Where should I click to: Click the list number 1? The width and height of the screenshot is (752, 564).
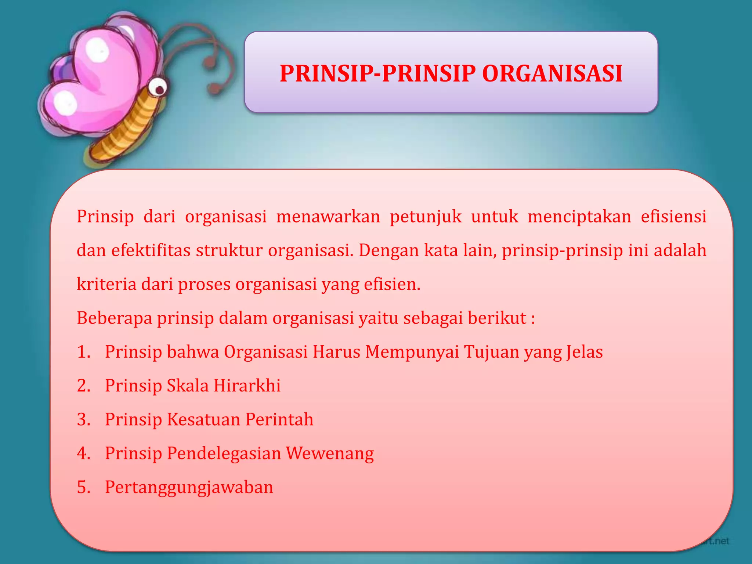tap(83, 352)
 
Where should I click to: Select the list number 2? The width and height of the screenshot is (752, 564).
tap(84, 386)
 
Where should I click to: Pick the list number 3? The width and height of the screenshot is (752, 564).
tap(84, 419)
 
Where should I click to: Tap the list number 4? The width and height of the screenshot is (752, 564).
tap(84, 453)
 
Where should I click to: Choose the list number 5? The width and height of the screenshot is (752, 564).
tap(84, 487)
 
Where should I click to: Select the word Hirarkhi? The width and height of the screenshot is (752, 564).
tap(247, 386)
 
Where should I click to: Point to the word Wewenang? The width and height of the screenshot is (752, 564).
tap(330, 453)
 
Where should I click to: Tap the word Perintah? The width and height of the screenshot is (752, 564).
tap(279, 419)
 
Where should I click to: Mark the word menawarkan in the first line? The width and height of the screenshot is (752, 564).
tap(328, 217)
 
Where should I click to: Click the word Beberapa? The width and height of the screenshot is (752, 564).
tap(115, 318)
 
